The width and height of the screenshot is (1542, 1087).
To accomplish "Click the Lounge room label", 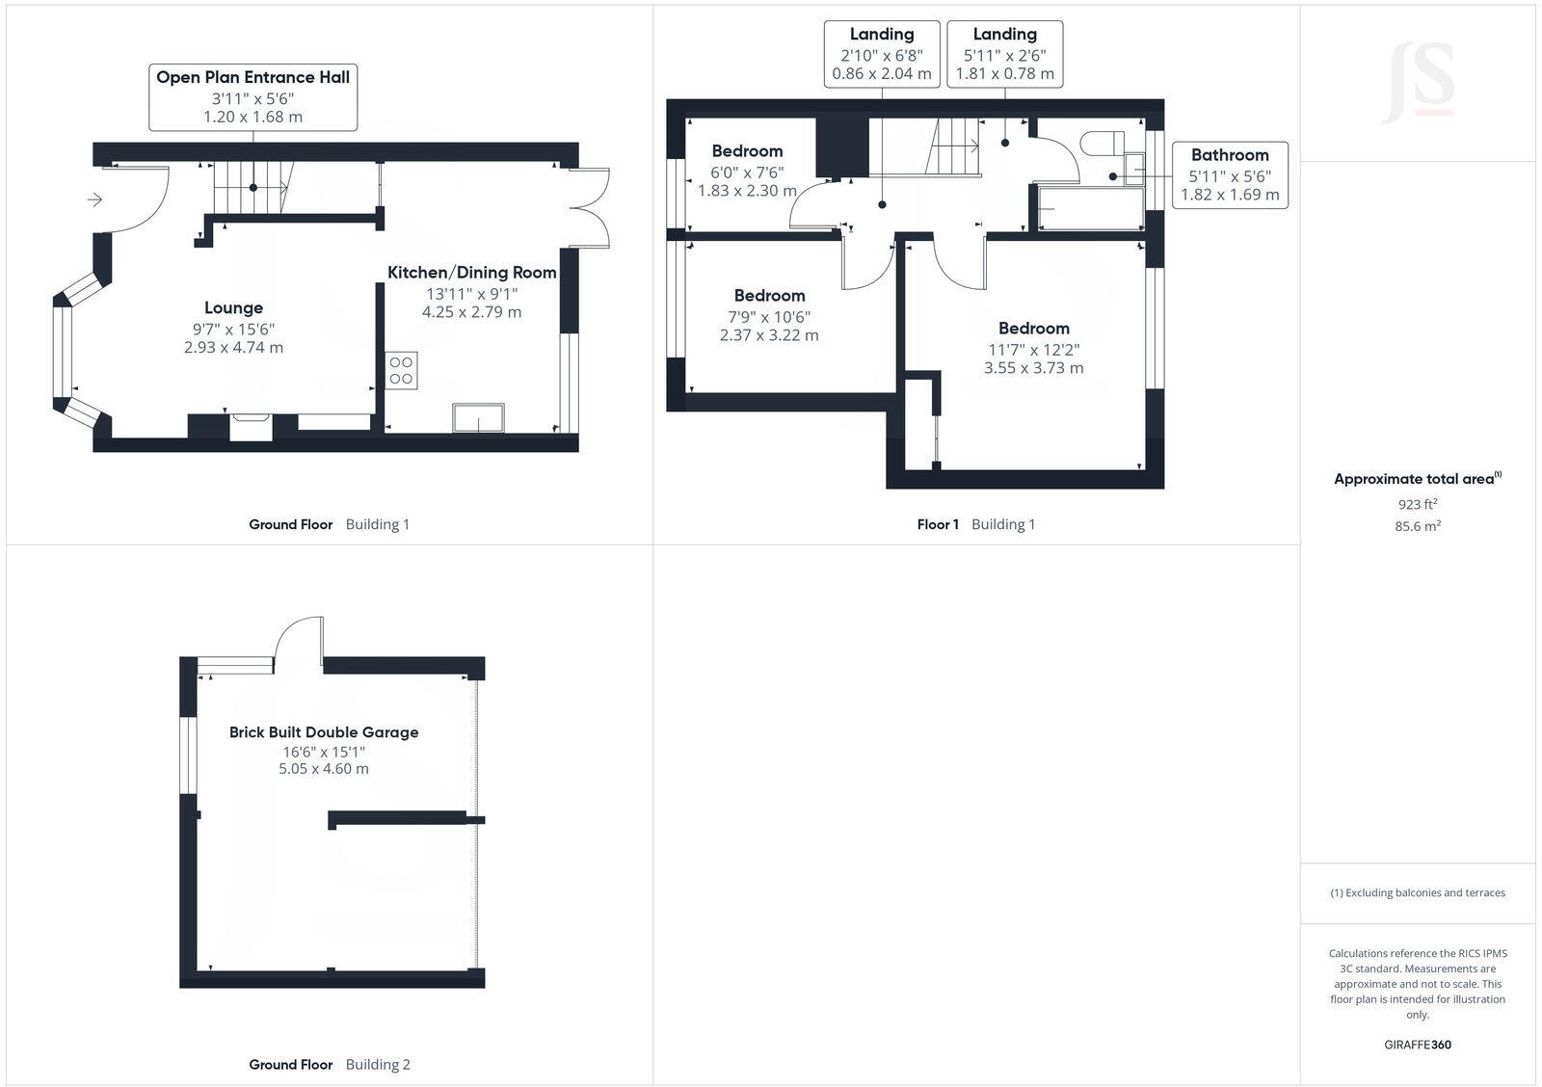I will (x=233, y=308).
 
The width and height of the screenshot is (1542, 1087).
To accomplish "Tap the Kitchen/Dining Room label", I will (x=471, y=273).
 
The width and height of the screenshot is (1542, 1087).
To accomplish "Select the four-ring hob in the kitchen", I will (x=401, y=370).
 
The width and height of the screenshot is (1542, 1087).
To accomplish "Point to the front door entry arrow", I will (x=94, y=199).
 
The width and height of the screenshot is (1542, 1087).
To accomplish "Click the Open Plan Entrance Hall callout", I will (x=253, y=96).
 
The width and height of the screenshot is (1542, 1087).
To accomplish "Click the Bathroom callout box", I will (x=1230, y=174).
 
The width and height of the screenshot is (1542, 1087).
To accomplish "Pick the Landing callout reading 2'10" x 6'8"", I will (x=882, y=54).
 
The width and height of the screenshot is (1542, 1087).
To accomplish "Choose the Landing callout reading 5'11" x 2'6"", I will (x=1004, y=54).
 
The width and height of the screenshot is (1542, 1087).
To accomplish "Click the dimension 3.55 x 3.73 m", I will (x=1033, y=368).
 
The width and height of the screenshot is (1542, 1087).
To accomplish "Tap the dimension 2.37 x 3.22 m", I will (x=769, y=335).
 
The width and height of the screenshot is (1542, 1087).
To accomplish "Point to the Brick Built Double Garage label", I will (x=324, y=732).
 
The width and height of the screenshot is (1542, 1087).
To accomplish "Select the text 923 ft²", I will (x=1418, y=504).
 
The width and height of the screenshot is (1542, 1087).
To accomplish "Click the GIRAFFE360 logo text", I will (x=1418, y=1045).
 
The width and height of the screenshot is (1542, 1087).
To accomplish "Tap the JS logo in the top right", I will (x=1419, y=83).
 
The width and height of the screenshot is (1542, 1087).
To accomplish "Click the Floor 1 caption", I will (x=938, y=524).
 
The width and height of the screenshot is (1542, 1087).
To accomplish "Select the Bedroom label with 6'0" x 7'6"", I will (x=747, y=151).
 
